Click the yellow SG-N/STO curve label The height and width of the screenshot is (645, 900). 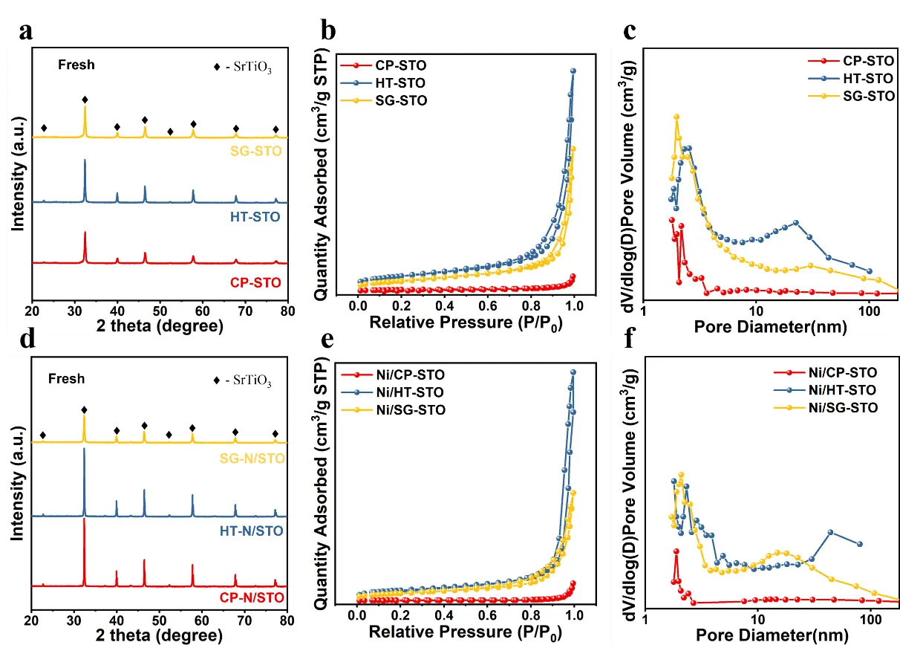click(252, 458)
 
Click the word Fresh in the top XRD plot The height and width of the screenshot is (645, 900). click(76, 65)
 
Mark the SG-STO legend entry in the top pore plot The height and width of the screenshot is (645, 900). click(868, 96)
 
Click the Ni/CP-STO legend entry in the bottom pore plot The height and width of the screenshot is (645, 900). click(841, 372)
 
